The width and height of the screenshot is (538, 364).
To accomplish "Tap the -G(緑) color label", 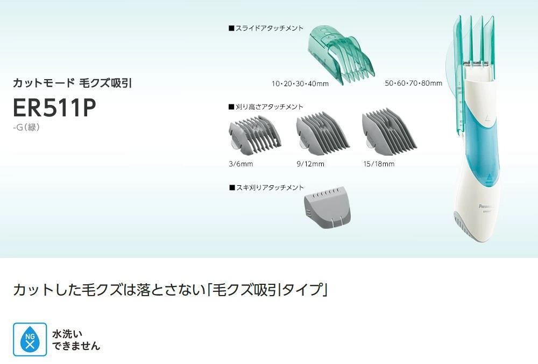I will click(26, 128).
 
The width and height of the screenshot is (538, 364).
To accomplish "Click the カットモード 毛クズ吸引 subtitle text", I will click(72, 83).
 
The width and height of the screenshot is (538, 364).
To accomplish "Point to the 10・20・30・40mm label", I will click(300, 83).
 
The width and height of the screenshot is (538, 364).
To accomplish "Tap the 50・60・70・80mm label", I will click(413, 83).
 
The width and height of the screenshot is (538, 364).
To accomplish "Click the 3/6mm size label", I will click(240, 164).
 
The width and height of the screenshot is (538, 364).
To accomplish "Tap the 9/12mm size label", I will click(310, 164).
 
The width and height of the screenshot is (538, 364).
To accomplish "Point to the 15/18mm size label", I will click(378, 164).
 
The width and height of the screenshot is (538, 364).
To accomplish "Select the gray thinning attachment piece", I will click(327, 209).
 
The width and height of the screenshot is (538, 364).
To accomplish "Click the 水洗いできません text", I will click(75, 339).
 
